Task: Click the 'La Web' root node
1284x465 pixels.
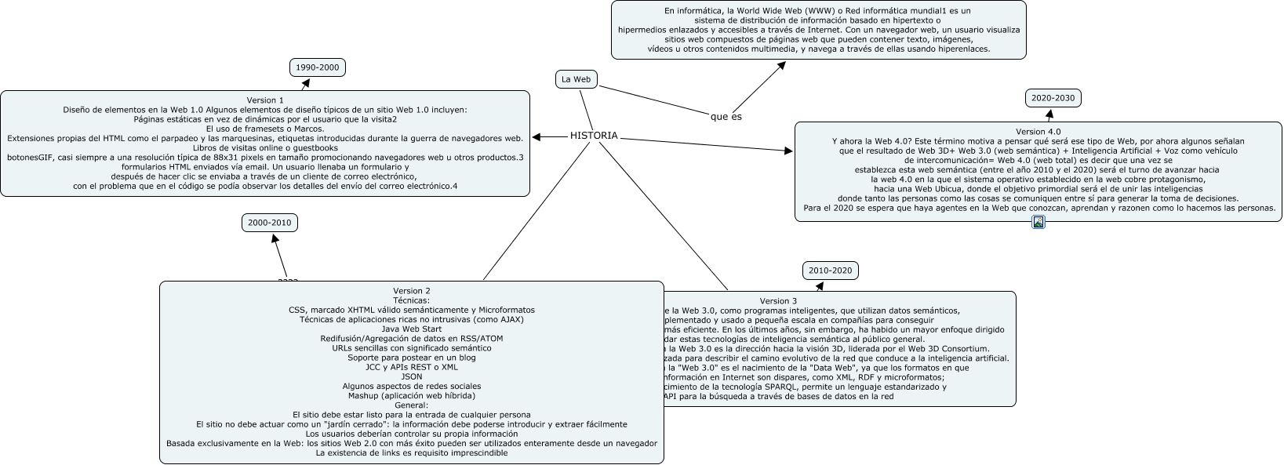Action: point(576,79)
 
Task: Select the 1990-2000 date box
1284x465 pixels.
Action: point(317,67)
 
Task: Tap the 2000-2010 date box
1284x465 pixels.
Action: point(269,223)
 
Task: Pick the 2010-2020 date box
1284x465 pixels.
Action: point(830,271)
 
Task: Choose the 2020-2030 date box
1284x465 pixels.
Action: point(1053,98)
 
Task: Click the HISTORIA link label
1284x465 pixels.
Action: point(594,136)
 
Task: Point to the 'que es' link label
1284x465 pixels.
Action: point(726,117)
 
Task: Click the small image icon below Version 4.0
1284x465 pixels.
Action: point(1038,223)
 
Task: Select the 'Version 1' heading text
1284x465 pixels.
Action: point(265,100)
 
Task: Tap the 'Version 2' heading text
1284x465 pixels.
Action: point(412,291)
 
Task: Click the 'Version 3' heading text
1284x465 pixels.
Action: point(778,301)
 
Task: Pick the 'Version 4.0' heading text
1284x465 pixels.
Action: point(1038,132)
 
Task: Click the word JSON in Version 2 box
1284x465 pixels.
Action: point(412,376)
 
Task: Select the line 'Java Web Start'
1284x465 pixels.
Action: point(412,329)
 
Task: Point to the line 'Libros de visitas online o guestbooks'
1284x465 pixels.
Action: point(265,147)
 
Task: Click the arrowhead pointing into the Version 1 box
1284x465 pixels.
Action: point(537,137)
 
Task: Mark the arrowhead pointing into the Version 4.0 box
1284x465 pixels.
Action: point(788,151)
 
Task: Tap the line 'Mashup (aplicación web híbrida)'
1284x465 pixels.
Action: point(412,395)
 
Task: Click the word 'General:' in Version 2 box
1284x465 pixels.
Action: point(412,405)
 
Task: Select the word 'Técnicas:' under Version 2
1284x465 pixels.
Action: point(412,300)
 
